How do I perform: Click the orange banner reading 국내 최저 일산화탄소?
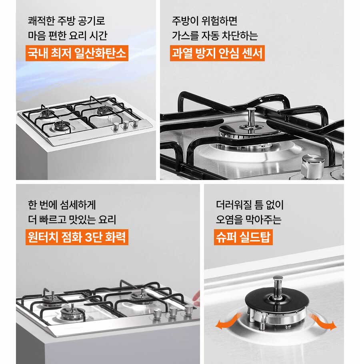77,53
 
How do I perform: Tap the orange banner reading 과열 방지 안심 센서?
217,53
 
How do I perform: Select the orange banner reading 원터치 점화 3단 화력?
77,237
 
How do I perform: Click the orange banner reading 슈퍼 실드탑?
243,237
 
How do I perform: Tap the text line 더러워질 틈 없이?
250,204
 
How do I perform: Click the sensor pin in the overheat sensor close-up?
251,118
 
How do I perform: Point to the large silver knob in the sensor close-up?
313,164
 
